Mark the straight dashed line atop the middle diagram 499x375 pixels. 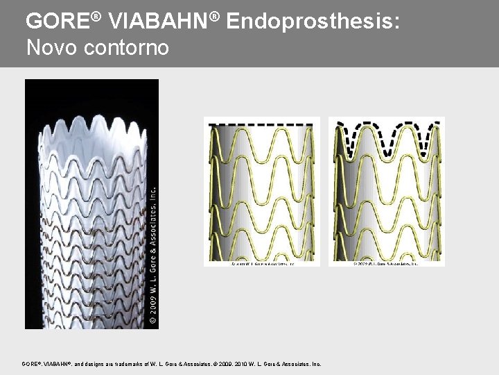[x=261, y=124]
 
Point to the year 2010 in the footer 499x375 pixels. [x=243, y=364]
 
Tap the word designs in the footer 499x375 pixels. [x=99, y=364]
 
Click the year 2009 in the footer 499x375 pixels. [x=225, y=364]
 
